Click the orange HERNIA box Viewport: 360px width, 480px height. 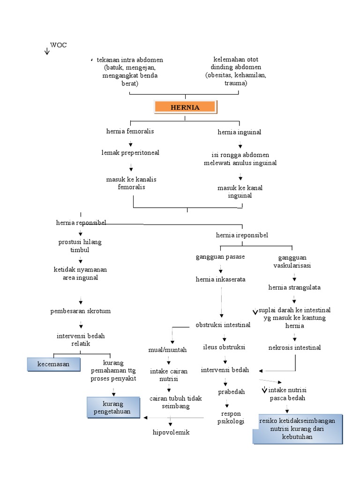click(x=185, y=107)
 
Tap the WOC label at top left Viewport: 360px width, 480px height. click(x=58, y=45)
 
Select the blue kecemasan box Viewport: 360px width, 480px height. click(x=53, y=364)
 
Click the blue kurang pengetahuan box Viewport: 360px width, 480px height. click(x=113, y=408)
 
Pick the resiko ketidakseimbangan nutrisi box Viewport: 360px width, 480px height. click(x=297, y=429)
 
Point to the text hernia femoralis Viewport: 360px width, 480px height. click(x=130, y=131)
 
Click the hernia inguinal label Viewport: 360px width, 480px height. click(x=239, y=132)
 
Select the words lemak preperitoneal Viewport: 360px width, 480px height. click(x=130, y=153)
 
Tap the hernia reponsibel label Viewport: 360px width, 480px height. click(x=81, y=223)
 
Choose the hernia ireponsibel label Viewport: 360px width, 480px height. click(x=242, y=234)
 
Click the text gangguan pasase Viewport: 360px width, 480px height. click(x=220, y=257)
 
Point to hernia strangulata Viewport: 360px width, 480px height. click(x=294, y=287)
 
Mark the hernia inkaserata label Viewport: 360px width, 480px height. click(x=220, y=279)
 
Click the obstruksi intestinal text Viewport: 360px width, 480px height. click(x=223, y=324)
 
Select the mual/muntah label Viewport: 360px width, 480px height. click(x=167, y=350)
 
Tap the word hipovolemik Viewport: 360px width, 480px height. click(x=171, y=432)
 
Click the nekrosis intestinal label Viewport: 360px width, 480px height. click(x=294, y=347)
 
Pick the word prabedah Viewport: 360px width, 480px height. click(x=232, y=392)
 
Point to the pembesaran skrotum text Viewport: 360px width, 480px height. click(x=81, y=311)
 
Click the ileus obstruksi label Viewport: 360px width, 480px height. click(x=224, y=347)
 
